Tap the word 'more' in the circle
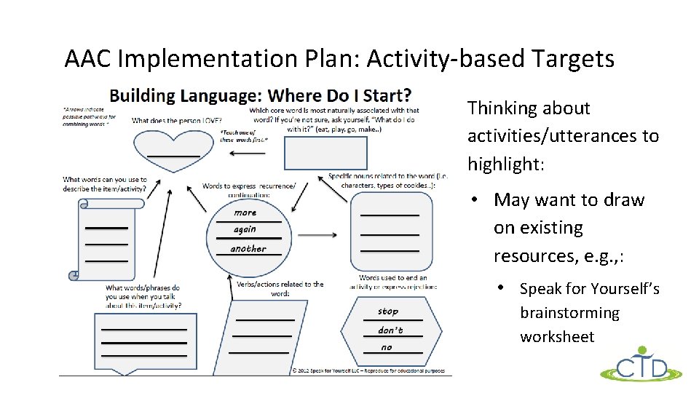click(245, 213)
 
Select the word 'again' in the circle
click(245, 229)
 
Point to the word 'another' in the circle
click(248, 249)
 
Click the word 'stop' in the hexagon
click(388, 311)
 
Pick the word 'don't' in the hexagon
click(390, 330)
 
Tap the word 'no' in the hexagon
click(386, 347)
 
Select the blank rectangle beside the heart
click(325, 153)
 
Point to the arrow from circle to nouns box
click(317, 235)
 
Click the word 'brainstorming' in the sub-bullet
click(569, 313)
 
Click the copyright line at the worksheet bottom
click(371, 370)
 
